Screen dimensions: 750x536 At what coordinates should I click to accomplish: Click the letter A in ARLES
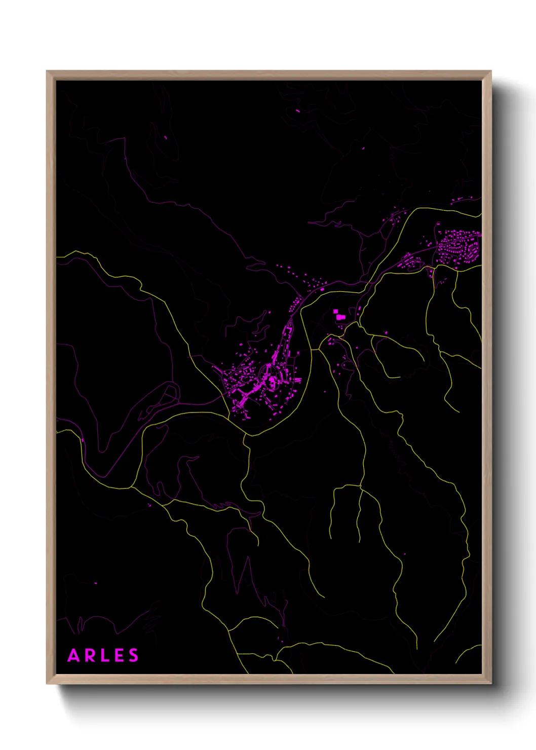click(73, 656)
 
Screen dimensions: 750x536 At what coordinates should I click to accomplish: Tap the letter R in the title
click(89, 656)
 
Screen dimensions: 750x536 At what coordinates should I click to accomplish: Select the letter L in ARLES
click(103, 656)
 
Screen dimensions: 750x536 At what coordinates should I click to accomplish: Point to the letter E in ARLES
click(118, 656)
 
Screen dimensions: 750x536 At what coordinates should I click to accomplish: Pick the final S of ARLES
click(133, 656)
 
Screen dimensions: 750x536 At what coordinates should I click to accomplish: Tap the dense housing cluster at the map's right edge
click(458, 246)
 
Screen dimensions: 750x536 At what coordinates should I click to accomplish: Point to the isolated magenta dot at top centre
click(297, 110)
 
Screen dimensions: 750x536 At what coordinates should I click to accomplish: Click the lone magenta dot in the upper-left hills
click(166, 137)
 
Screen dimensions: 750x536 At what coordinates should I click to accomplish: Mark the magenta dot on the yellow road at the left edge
click(82, 439)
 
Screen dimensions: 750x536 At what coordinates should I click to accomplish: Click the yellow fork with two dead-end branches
click(359, 486)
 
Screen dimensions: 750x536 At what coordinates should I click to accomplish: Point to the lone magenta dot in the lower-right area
click(404, 554)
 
